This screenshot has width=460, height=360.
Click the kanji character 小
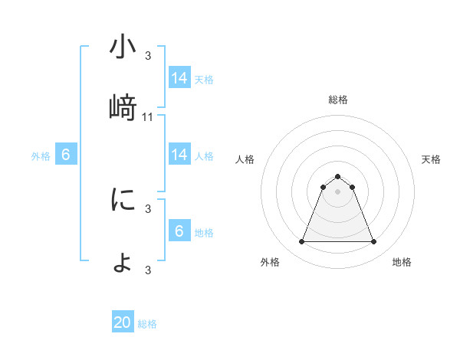pos(123,47)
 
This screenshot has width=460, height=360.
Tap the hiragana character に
pos(123,201)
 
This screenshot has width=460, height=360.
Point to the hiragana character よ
pos(123,262)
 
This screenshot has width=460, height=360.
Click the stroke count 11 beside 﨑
pos(148,116)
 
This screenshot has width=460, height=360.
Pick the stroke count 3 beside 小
pos(148,55)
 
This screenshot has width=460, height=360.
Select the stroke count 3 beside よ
pos(148,270)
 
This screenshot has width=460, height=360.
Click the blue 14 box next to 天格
pos(179,78)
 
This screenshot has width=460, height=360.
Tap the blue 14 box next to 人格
pos(179,155)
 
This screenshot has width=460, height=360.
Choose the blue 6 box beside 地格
pos(179,231)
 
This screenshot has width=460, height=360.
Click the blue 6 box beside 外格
pos(66,155)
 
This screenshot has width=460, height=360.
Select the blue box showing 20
pos(123,322)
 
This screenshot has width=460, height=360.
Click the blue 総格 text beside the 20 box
pos(147,324)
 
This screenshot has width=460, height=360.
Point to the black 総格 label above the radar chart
pos(337,100)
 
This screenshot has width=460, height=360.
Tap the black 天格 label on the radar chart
pos(431,159)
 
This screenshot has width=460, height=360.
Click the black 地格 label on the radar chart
pos(402,262)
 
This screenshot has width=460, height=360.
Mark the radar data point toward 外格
pos(301,242)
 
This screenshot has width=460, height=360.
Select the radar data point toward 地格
pos(373,242)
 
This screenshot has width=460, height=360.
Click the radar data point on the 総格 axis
pos(337,176)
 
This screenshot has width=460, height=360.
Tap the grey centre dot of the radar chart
pos(337,191)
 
